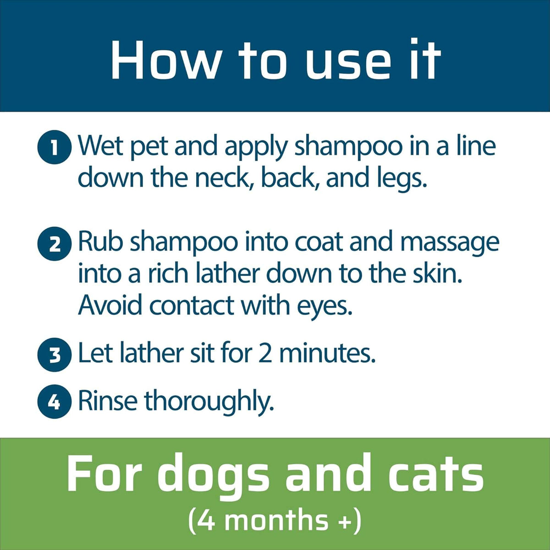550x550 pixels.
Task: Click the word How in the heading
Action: pos(165,60)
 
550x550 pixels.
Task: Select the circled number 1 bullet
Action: pos(55,148)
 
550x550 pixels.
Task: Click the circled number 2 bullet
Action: pos(55,244)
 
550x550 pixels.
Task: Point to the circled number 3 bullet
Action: pos(55,354)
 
